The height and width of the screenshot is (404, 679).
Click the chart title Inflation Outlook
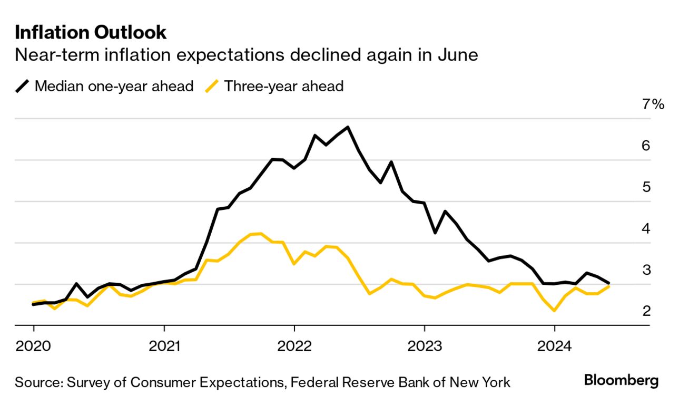pyautogui.click(x=91, y=33)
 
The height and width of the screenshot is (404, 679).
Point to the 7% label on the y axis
pyautogui.click(x=653, y=104)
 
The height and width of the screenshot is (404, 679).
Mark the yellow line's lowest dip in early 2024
pyautogui.click(x=554, y=311)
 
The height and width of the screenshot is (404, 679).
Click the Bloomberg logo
pyautogui.click(x=621, y=381)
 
